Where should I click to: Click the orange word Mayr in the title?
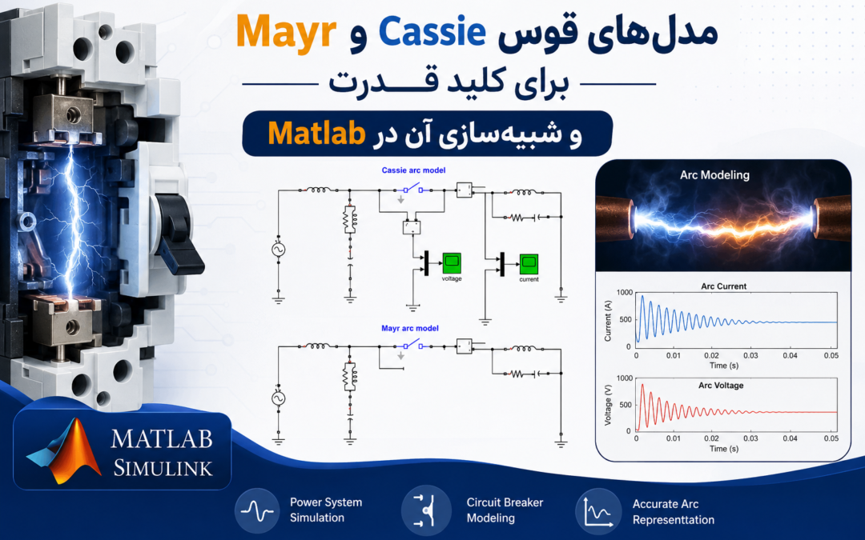(286, 33)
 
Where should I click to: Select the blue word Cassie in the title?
(432, 31)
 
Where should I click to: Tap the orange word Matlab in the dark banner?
(316, 134)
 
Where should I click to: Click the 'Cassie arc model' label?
(413, 170)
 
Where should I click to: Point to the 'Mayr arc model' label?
(410, 329)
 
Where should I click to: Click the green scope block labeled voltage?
(451, 263)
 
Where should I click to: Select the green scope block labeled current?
(529, 264)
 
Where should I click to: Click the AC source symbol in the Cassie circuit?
(278, 250)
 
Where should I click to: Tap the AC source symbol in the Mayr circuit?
(278, 398)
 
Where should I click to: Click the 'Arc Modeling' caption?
(714, 175)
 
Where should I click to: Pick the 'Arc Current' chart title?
(723, 286)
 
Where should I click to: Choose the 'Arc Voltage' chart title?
(721, 386)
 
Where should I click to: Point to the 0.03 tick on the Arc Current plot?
(750, 355)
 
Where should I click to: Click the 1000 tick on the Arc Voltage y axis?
(625, 378)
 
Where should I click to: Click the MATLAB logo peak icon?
(65, 450)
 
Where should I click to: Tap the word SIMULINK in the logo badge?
(163, 468)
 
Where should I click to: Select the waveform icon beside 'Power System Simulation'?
(256, 510)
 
